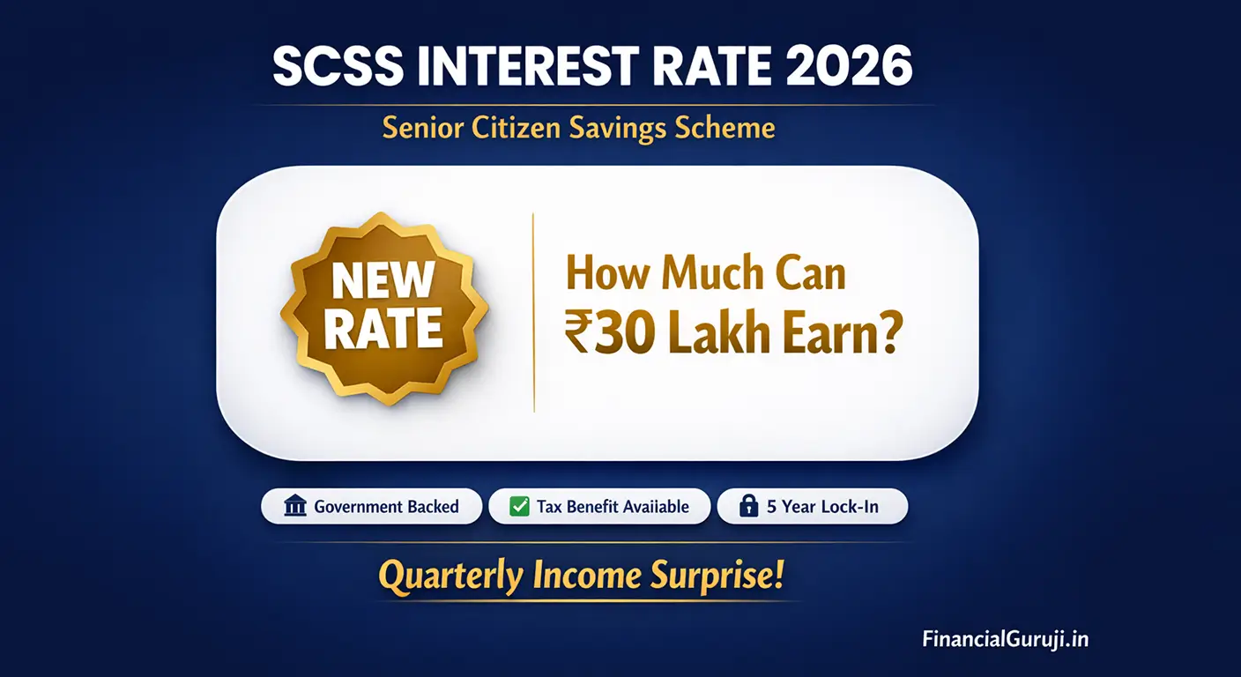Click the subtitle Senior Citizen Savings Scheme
578,128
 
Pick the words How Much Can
704,274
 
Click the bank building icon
295,506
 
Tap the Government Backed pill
371,506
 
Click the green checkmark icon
520,506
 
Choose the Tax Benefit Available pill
598,506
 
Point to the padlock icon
748,506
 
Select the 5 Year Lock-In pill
812,506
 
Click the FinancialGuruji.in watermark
1005,638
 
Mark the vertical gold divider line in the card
534,313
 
